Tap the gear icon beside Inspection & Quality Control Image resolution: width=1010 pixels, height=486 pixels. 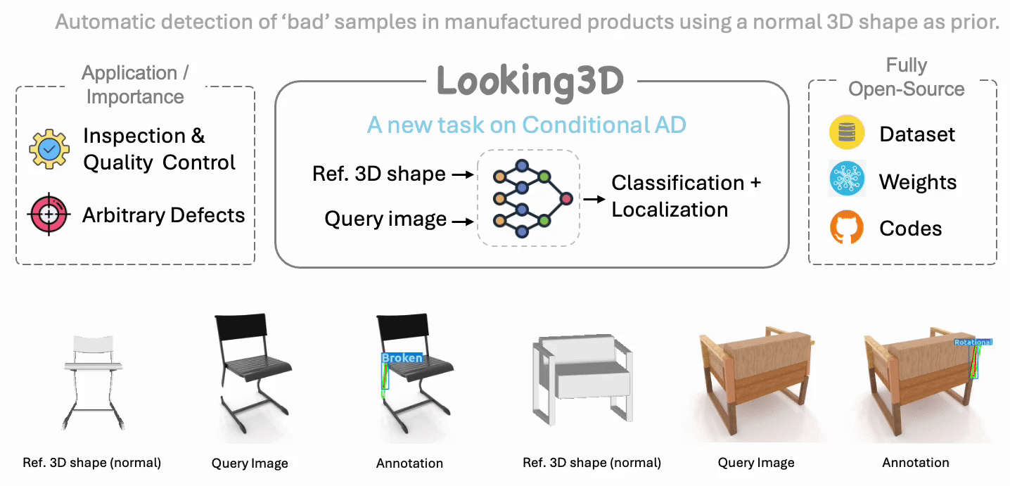pyautogui.click(x=49, y=149)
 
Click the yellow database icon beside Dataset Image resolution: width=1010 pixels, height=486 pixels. pyautogui.click(x=846, y=134)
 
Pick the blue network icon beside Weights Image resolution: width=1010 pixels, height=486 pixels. pyautogui.click(x=846, y=181)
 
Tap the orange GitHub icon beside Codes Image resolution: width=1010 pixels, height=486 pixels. pyautogui.click(x=846, y=228)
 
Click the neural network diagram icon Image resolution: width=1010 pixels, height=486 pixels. pyautogui.click(x=529, y=198)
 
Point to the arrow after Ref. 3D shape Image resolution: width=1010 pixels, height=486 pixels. pyautogui.click(x=461, y=174)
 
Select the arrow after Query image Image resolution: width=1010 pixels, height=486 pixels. pyautogui.click(x=461, y=222)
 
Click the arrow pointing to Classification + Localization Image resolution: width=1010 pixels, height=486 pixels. pyautogui.click(x=594, y=199)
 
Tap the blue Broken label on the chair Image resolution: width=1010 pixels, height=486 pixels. pyautogui.click(x=402, y=358)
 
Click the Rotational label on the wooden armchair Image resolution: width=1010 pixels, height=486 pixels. pyautogui.click(x=973, y=343)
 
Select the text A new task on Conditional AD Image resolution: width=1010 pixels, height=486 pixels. pyautogui.click(x=526, y=125)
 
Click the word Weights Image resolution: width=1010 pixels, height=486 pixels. pyautogui.click(x=918, y=182)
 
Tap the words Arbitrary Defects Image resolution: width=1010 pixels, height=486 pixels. pyautogui.click(x=163, y=215)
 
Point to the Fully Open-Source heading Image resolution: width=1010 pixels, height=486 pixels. pyautogui.click(x=906, y=77)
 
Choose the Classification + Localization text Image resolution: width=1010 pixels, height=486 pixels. pyautogui.click(x=686, y=196)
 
